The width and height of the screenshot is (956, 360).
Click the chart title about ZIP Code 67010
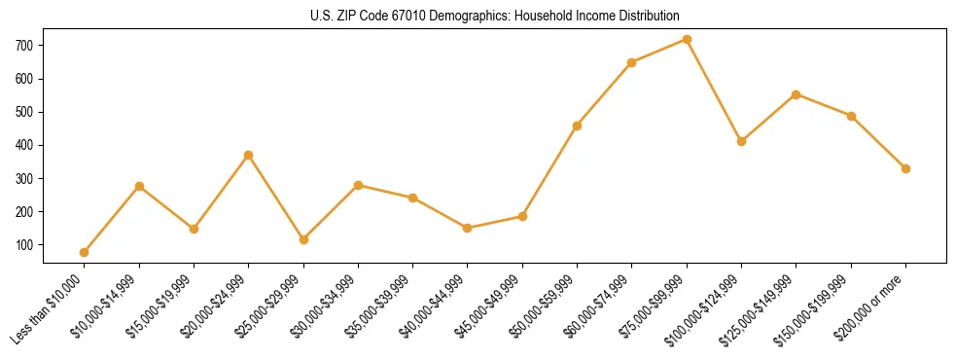(x=478, y=16)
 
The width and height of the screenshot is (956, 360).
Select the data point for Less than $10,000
(x=85, y=252)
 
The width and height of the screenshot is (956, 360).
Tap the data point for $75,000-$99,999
(x=687, y=40)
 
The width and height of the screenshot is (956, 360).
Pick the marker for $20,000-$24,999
(x=249, y=155)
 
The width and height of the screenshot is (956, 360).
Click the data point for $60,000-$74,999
(x=632, y=62)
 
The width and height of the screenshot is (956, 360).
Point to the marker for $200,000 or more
(x=905, y=168)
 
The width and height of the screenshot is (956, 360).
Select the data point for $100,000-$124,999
(x=741, y=141)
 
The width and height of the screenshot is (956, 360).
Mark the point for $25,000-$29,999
(x=303, y=239)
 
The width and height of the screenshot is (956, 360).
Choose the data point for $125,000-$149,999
(x=797, y=94)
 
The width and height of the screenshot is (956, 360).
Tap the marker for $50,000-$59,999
(x=578, y=126)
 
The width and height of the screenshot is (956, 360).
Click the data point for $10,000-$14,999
(x=139, y=186)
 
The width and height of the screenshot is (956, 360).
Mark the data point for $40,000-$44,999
(x=468, y=228)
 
